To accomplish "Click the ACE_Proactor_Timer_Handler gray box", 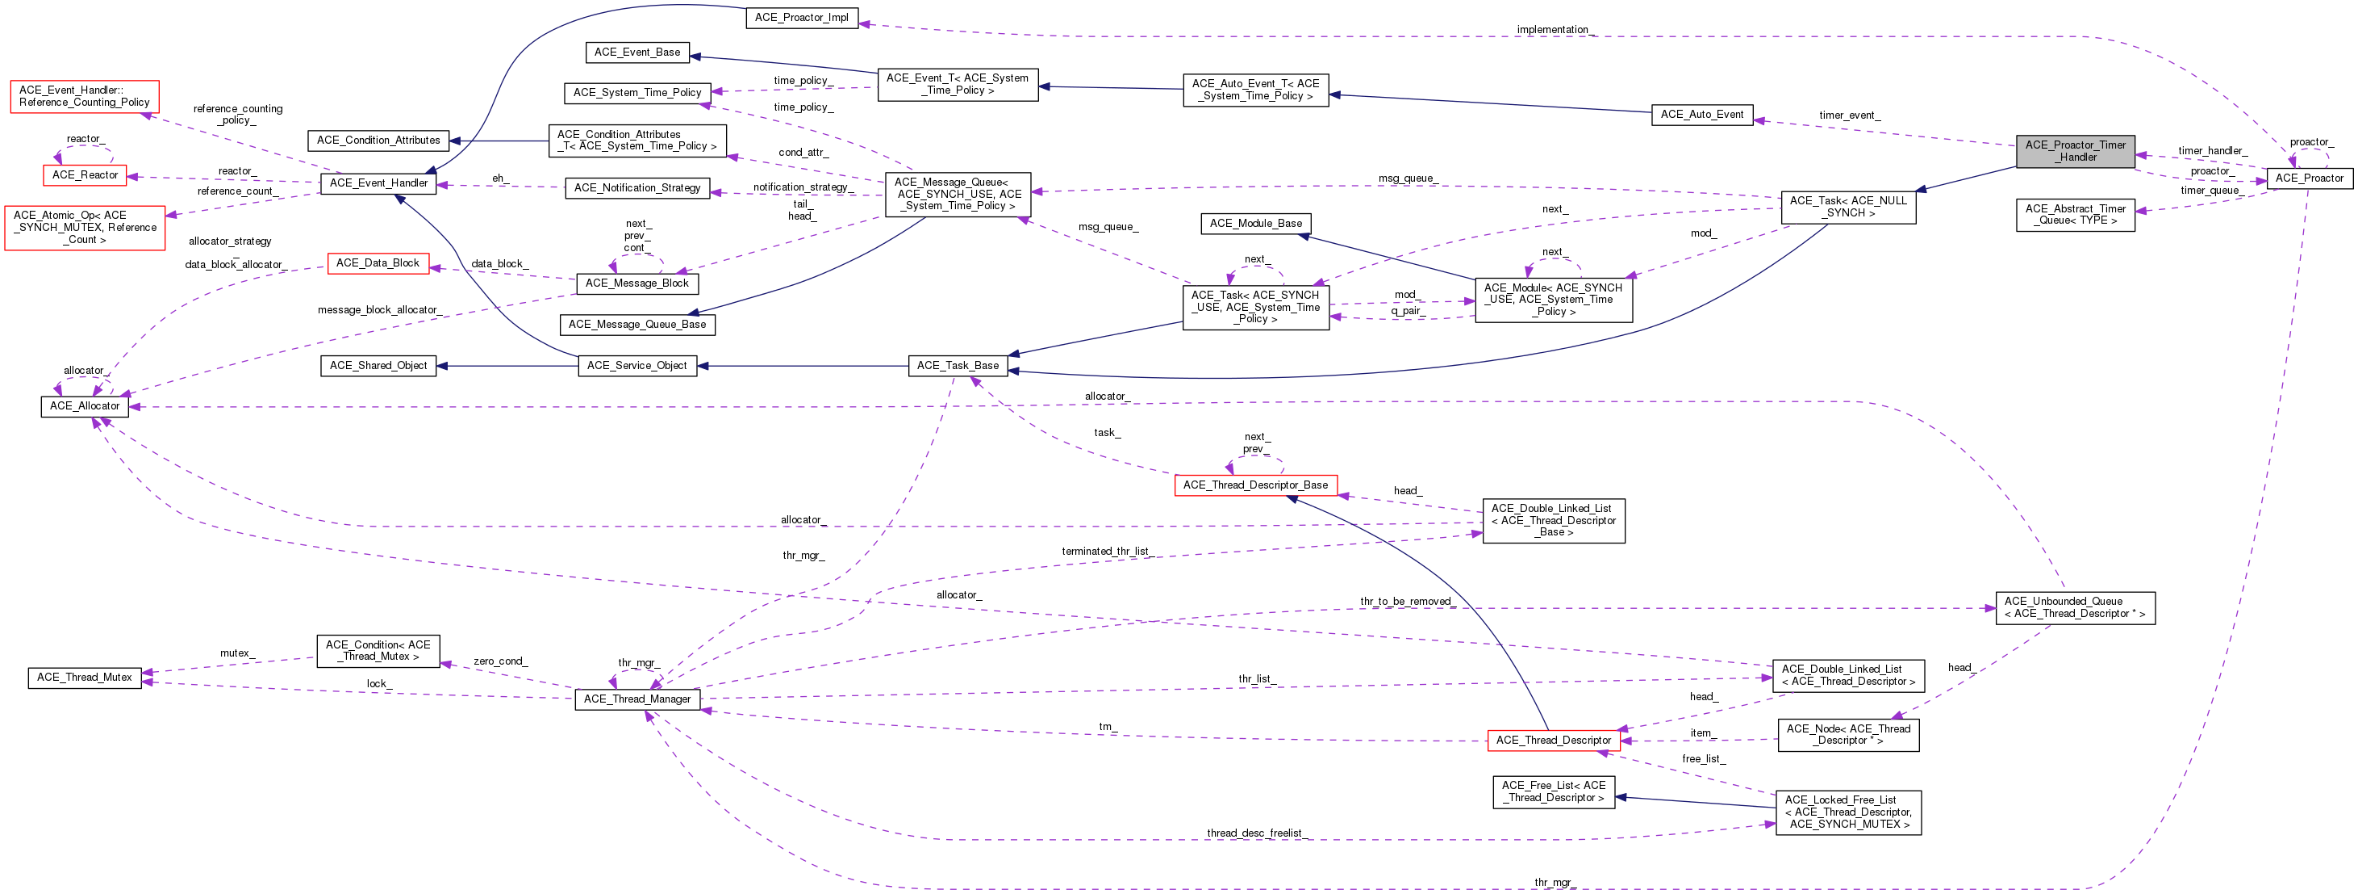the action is tap(2075, 151).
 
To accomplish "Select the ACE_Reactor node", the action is tap(86, 175).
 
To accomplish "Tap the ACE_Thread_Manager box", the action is tap(637, 699).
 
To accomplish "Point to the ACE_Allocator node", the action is tap(84, 405).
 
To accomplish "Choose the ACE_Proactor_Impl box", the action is tap(802, 18).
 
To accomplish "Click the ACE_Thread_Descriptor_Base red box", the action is tap(1255, 485).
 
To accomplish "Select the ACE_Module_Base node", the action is tap(1255, 224).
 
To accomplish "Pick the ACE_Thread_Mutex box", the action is tap(84, 678).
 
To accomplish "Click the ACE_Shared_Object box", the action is tap(378, 366).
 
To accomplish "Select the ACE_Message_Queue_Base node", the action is tap(637, 325).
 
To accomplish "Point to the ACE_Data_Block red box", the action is tap(378, 263).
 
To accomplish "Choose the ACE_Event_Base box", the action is tap(637, 52).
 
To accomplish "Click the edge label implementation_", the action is tap(1555, 29).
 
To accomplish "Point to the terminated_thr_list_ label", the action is tap(1107, 552).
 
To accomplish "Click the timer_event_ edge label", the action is tap(1849, 115).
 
